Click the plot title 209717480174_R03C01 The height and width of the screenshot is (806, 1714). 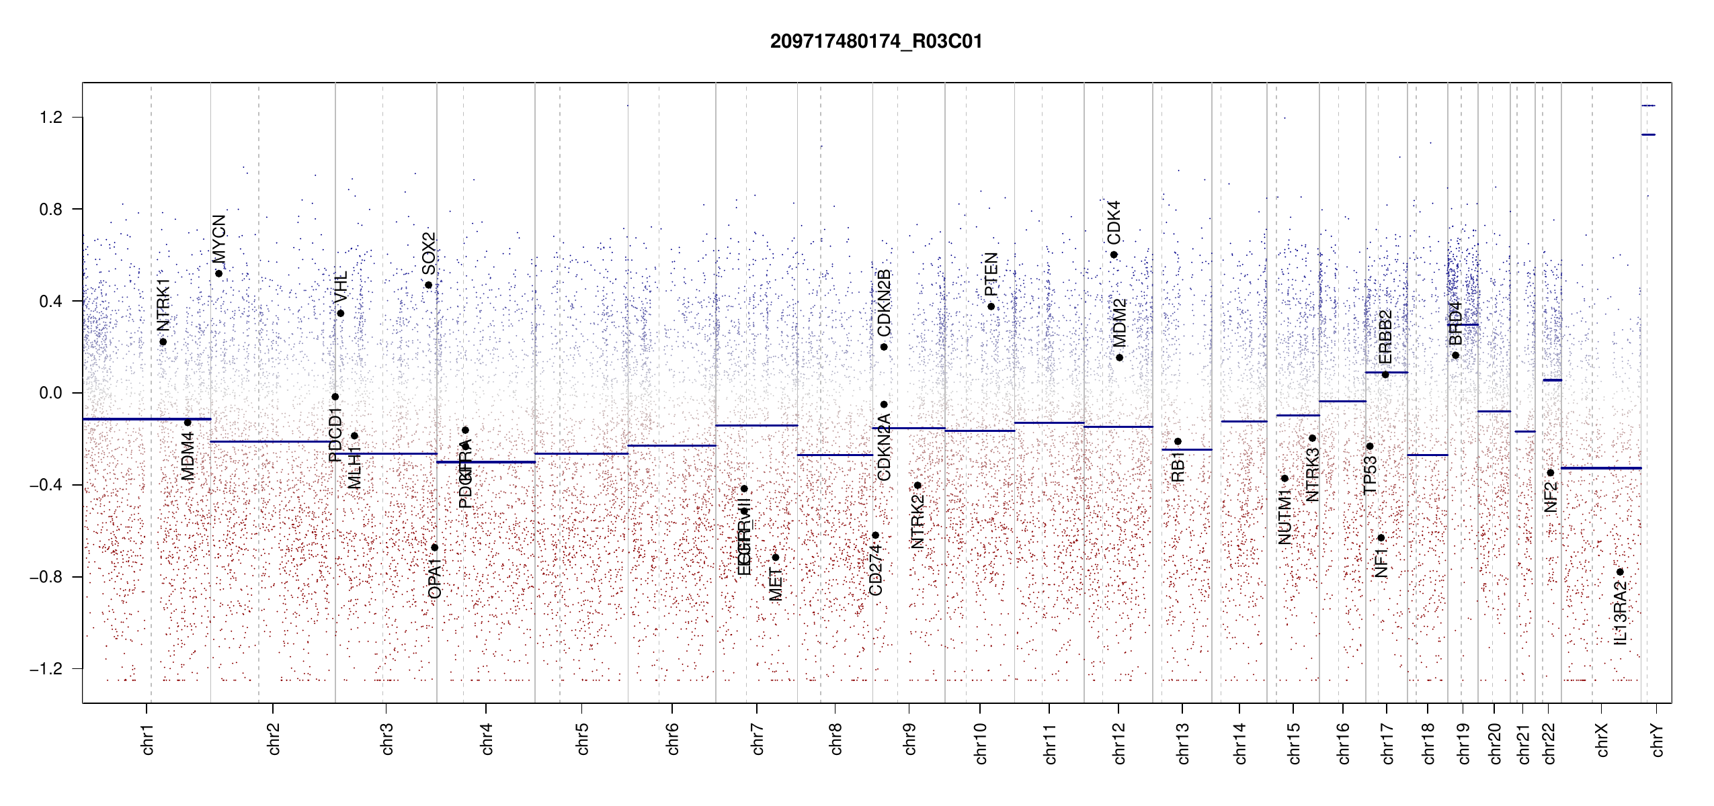[876, 42]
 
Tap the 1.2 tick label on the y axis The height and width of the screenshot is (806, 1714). [50, 118]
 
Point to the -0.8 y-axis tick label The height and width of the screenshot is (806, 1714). [46, 577]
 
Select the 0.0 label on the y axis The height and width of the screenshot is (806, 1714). [50, 393]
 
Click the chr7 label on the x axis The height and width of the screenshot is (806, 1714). [758, 739]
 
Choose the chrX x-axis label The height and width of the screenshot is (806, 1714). [1602, 740]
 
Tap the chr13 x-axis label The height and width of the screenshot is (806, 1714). [1182, 743]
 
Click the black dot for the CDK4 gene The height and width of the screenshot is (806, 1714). [1114, 255]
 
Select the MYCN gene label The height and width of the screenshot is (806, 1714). [219, 238]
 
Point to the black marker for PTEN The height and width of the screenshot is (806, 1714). [991, 307]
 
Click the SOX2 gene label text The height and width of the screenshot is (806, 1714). [429, 253]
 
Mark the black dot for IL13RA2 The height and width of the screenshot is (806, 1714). [1620, 572]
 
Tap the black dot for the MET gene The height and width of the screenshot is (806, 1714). [775, 557]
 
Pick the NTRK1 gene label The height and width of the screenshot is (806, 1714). [163, 305]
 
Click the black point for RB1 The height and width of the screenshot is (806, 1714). [1178, 441]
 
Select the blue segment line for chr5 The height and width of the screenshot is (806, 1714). [581, 454]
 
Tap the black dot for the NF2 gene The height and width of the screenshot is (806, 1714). [1551, 473]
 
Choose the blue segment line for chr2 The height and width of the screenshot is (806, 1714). [272, 442]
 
